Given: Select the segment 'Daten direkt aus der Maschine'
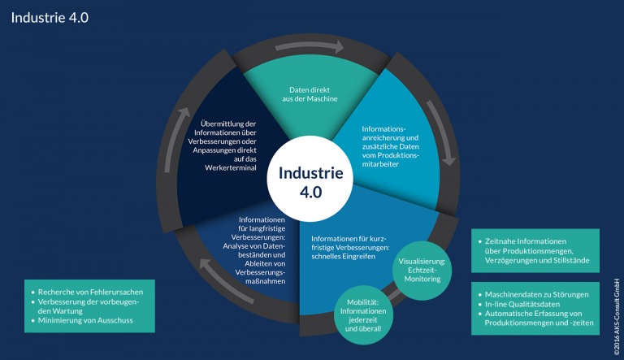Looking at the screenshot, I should (314, 93).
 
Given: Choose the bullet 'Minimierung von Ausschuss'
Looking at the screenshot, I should (84, 321).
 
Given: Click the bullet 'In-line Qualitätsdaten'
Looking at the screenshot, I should (524, 303).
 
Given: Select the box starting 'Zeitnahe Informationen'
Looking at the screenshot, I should (535, 250).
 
